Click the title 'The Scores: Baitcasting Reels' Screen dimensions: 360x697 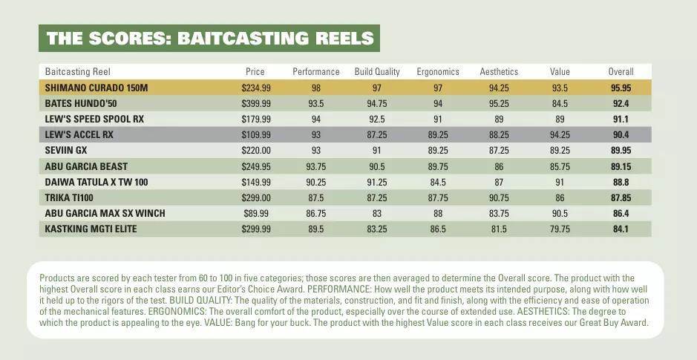tap(209, 39)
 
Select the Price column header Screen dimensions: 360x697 tap(255, 72)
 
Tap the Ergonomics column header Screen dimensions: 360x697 tap(437, 72)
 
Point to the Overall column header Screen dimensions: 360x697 tap(621, 72)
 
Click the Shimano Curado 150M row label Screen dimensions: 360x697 tap(96, 88)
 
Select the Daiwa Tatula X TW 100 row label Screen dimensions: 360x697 tap(96, 182)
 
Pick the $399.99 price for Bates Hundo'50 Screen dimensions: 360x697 tap(255, 103)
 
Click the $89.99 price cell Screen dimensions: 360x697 tap(255, 213)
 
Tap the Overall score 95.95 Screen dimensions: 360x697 tap(621, 88)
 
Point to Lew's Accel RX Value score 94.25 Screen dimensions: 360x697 tap(560, 134)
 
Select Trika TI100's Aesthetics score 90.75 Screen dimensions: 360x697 tap(499, 197)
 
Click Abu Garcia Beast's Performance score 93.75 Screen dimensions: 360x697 tap(315, 166)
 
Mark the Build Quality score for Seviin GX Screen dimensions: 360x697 tap(376, 151)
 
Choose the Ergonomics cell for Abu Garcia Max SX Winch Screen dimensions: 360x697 tap(437, 213)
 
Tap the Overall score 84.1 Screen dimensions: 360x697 tap(621, 229)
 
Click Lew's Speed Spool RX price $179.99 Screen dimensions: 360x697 tap(255, 119)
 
